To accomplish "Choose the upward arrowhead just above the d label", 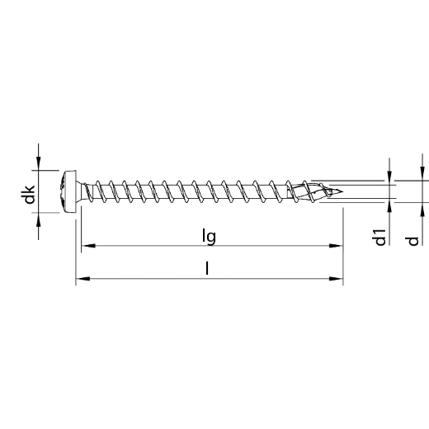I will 422,208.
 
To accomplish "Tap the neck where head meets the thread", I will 84,191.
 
